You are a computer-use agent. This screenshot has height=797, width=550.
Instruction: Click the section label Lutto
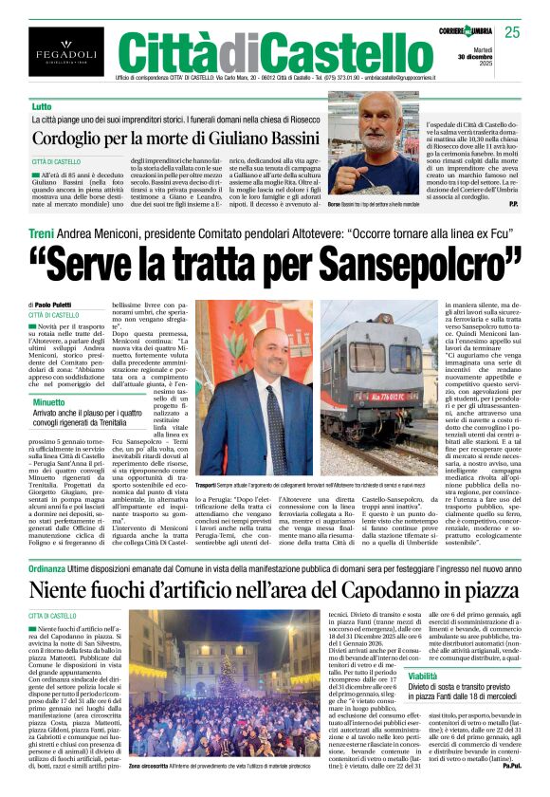pos(42,107)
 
